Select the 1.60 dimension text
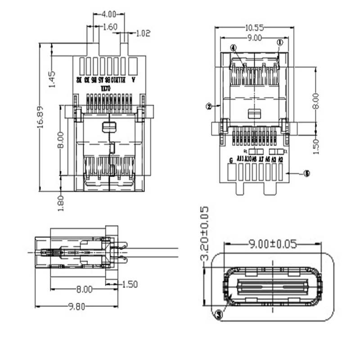[x=110, y=27]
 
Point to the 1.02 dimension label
[x=143, y=33]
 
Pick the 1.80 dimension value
[x=62, y=202]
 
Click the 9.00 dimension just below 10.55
[x=255, y=38]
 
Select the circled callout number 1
[x=279, y=42]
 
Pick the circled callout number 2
[x=209, y=107]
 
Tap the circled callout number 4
[x=233, y=48]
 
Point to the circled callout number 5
[x=306, y=173]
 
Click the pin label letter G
[x=231, y=160]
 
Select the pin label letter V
[x=133, y=80]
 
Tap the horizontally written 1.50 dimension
[x=129, y=284]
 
